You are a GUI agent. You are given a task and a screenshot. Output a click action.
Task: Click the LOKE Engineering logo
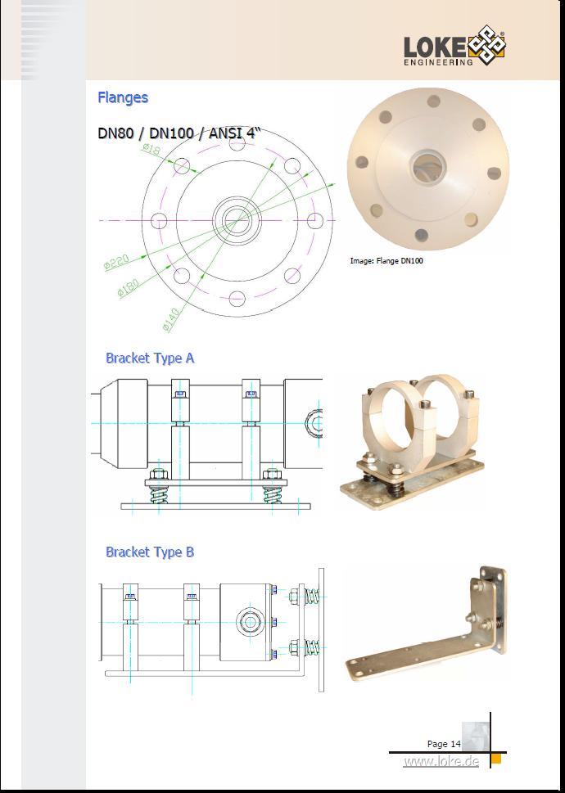[454, 46]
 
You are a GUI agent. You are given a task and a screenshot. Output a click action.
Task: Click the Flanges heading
[123, 97]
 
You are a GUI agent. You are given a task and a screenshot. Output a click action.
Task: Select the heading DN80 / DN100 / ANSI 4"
[179, 133]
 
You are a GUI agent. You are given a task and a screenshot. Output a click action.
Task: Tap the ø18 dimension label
[151, 148]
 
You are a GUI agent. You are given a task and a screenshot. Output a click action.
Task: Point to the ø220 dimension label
[116, 261]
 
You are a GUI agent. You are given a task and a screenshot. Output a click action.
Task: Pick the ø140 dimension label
[171, 320]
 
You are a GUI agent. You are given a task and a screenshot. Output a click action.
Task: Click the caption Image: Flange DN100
[386, 261]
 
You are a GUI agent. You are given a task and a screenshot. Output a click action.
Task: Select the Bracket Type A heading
[150, 358]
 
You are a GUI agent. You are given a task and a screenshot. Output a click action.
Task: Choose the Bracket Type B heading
[150, 552]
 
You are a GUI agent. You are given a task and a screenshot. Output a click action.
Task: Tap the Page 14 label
[444, 743]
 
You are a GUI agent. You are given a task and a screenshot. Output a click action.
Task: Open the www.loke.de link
[441, 761]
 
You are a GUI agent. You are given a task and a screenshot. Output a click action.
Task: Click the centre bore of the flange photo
[427, 168]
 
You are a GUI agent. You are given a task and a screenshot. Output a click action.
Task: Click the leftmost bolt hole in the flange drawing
[159, 221]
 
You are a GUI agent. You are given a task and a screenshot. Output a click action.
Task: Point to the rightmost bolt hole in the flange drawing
[315, 220]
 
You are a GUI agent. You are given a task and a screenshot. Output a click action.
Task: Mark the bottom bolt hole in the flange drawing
[237, 299]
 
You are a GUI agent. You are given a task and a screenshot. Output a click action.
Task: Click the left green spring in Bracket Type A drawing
[159, 494]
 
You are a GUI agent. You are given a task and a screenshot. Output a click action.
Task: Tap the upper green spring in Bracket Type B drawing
[313, 597]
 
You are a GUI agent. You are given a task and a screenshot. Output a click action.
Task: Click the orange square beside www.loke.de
[496, 759]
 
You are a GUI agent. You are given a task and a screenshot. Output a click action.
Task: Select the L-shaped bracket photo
[427, 624]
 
